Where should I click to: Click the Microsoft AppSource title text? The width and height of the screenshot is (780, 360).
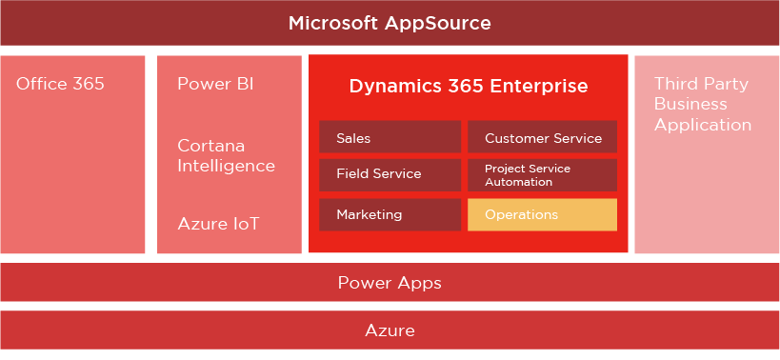(390, 24)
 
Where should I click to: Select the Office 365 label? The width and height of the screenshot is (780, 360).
(60, 84)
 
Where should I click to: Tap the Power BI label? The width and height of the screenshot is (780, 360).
(215, 84)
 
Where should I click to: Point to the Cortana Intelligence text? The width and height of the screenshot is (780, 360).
(227, 155)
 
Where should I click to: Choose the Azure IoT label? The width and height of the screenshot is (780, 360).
(218, 224)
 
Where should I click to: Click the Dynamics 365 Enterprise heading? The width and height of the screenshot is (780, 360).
(469, 86)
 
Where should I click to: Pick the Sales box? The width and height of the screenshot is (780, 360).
(390, 137)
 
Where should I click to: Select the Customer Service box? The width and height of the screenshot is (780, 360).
(542, 137)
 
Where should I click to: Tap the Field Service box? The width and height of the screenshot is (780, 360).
(390, 175)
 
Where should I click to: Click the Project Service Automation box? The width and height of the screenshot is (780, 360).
(542, 175)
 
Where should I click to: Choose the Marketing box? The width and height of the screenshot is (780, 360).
(390, 215)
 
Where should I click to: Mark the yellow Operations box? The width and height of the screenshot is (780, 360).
(542, 215)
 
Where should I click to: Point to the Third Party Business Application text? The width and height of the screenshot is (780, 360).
(703, 105)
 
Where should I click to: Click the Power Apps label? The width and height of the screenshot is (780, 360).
(390, 283)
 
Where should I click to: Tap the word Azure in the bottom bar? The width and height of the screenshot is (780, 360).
(390, 330)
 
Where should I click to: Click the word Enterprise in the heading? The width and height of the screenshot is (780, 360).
(539, 86)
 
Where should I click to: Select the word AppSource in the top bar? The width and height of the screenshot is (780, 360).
(438, 24)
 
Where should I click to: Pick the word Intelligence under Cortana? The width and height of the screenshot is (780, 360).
(227, 166)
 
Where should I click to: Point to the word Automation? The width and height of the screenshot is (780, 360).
(518, 182)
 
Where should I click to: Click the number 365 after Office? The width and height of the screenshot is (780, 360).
(88, 84)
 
